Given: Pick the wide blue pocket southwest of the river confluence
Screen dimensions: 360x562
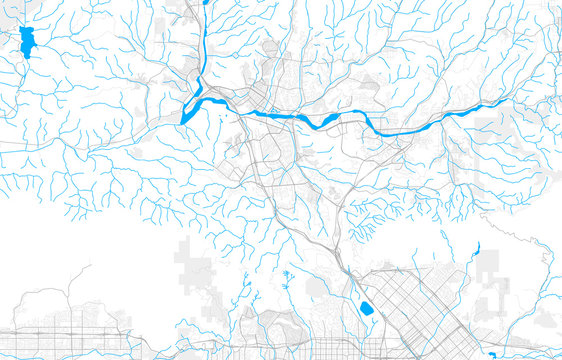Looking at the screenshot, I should tap(189, 113).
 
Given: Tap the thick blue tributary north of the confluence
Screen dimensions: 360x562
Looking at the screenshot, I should tap(202, 50).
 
